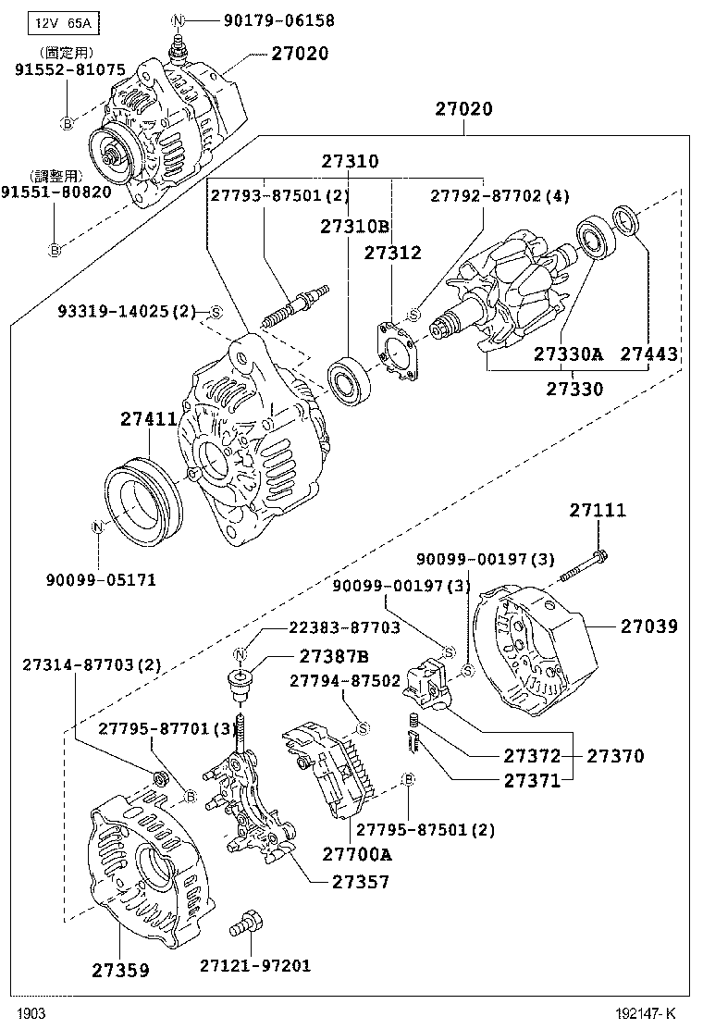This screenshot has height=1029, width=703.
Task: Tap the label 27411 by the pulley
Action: [148, 419]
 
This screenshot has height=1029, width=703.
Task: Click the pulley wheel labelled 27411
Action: [141, 501]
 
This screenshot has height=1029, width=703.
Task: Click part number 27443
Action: [648, 353]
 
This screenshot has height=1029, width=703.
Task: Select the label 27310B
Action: [354, 225]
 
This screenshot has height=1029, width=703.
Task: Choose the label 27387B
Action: [333, 657]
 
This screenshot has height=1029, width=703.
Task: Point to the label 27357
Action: [361, 882]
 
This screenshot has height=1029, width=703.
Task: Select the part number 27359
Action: [120, 970]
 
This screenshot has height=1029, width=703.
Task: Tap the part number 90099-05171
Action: [101, 580]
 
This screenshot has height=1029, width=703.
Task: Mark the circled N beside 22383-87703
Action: [240, 655]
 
